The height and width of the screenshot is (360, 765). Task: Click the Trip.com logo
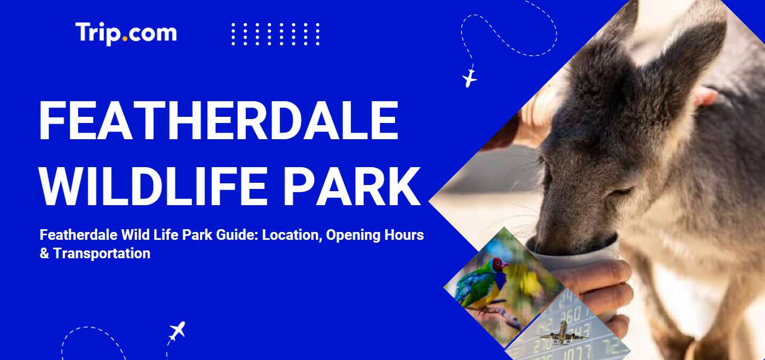(126, 34)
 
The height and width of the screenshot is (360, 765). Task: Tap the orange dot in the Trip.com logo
(125, 39)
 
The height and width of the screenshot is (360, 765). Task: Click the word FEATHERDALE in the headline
(219, 121)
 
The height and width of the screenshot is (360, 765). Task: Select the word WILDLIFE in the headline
(153, 186)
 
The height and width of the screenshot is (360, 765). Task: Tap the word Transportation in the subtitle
(102, 254)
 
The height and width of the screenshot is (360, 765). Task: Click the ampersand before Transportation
(44, 254)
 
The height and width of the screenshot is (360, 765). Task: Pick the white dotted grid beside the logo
(275, 34)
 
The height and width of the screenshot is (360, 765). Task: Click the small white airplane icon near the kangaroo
(470, 78)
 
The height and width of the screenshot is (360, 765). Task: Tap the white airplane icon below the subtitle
(177, 330)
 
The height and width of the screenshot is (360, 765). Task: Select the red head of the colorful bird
(500, 264)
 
